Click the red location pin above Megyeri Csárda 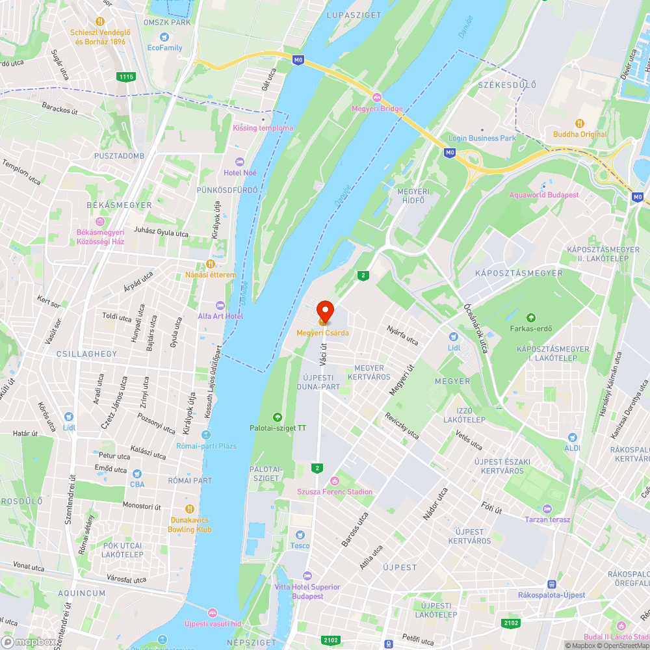324,311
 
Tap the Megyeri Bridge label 378,109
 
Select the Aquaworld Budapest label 544,195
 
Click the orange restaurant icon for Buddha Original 580,123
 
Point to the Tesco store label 300,545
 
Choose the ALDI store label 572,448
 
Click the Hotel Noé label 240,172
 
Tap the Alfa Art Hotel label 220,316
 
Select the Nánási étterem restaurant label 211,275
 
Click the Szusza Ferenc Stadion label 335,491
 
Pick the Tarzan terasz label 547,519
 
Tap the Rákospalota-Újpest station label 551,595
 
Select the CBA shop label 136,484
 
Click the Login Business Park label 482,138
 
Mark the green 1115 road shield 127,77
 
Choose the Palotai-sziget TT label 278,428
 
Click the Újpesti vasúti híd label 213,624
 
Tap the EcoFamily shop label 164,47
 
